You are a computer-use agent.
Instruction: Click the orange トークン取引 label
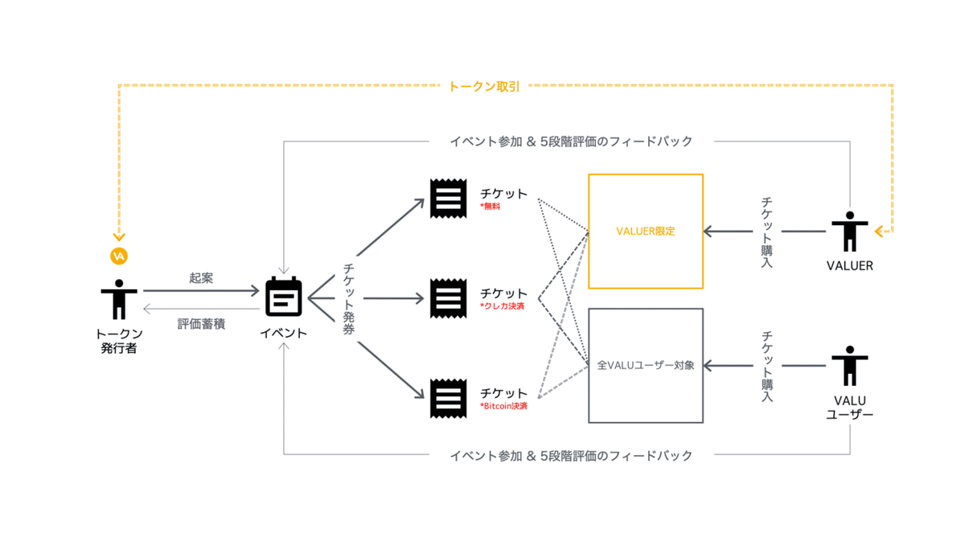pyautogui.click(x=483, y=86)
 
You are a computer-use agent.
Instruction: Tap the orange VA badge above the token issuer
pyautogui.click(x=119, y=256)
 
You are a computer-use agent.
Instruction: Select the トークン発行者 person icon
pyautogui.click(x=119, y=299)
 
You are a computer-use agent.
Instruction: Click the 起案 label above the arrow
pyautogui.click(x=201, y=278)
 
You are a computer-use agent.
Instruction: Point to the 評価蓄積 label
pyautogui.click(x=201, y=324)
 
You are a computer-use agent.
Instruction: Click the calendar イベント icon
pyautogui.click(x=284, y=297)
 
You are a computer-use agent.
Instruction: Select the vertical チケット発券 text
pyautogui.click(x=348, y=298)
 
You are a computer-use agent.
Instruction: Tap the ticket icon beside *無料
pyautogui.click(x=448, y=198)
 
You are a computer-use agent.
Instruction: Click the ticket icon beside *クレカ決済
pyautogui.click(x=448, y=298)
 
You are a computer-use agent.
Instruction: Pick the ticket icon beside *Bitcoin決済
pyautogui.click(x=448, y=398)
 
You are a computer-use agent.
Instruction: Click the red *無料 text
pyautogui.click(x=491, y=207)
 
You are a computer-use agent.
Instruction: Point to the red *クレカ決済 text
pyautogui.click(x=503, y=306)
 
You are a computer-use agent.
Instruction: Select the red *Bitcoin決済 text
pyautogui.click(x=504, y=407)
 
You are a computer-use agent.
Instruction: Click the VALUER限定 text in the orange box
pyautogui.click(x=645, y=232)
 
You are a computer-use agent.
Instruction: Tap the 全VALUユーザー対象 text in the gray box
pyautogui.click(x=645, y=365)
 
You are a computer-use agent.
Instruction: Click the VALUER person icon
pyautogui.click(x=849, y=232)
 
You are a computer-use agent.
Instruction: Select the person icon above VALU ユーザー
pyautogui.click(x=849, y=366)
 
